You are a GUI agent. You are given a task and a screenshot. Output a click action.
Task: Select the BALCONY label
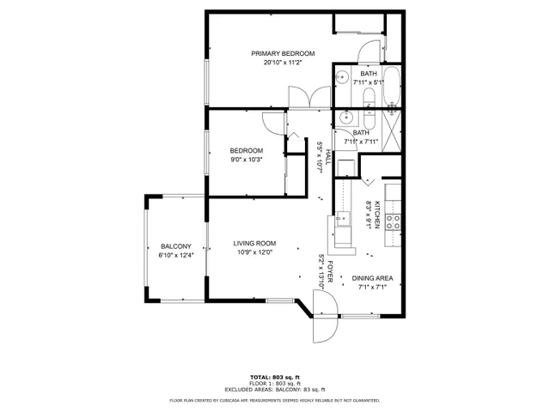click(175, 246)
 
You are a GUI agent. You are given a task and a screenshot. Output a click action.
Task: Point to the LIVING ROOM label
click(254, 244)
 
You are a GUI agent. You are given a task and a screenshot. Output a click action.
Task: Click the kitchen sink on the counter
click(343, 226)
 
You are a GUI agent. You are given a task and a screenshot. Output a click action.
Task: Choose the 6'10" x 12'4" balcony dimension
click(176, 255)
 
